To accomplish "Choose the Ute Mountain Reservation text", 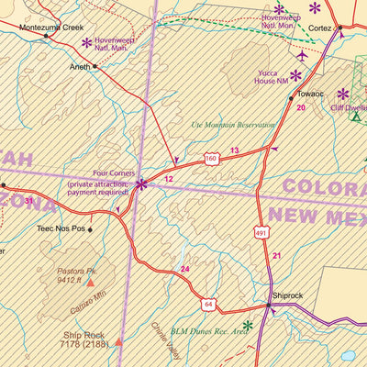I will click(233, 124).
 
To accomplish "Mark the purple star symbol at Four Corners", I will click(141, 184).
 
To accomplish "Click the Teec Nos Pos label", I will click(60, 228).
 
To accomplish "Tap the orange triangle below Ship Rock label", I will click(118, 343).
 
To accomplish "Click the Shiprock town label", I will click(286, 296).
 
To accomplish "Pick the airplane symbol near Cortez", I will click(303, 56).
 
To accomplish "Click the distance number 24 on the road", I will click(184, 269).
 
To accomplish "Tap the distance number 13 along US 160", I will click(234, 150).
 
